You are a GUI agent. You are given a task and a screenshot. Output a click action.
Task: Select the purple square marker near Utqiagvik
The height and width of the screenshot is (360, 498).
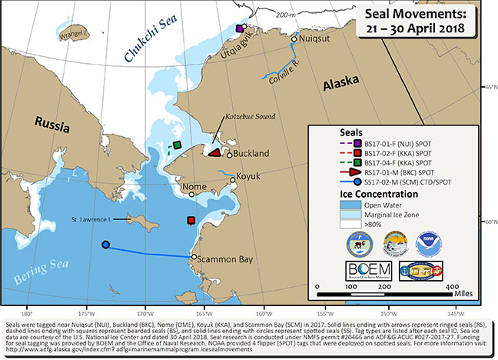tap(240, 29)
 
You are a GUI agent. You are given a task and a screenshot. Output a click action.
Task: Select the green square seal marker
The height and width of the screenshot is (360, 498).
tap(177, 145)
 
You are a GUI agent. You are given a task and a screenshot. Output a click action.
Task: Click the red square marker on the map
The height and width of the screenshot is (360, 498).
tap(191, 221)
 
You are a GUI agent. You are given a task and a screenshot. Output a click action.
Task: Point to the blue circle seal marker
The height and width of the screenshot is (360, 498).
tap(105, 245)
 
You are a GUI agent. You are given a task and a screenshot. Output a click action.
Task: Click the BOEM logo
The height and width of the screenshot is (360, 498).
tap(369, 270)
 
